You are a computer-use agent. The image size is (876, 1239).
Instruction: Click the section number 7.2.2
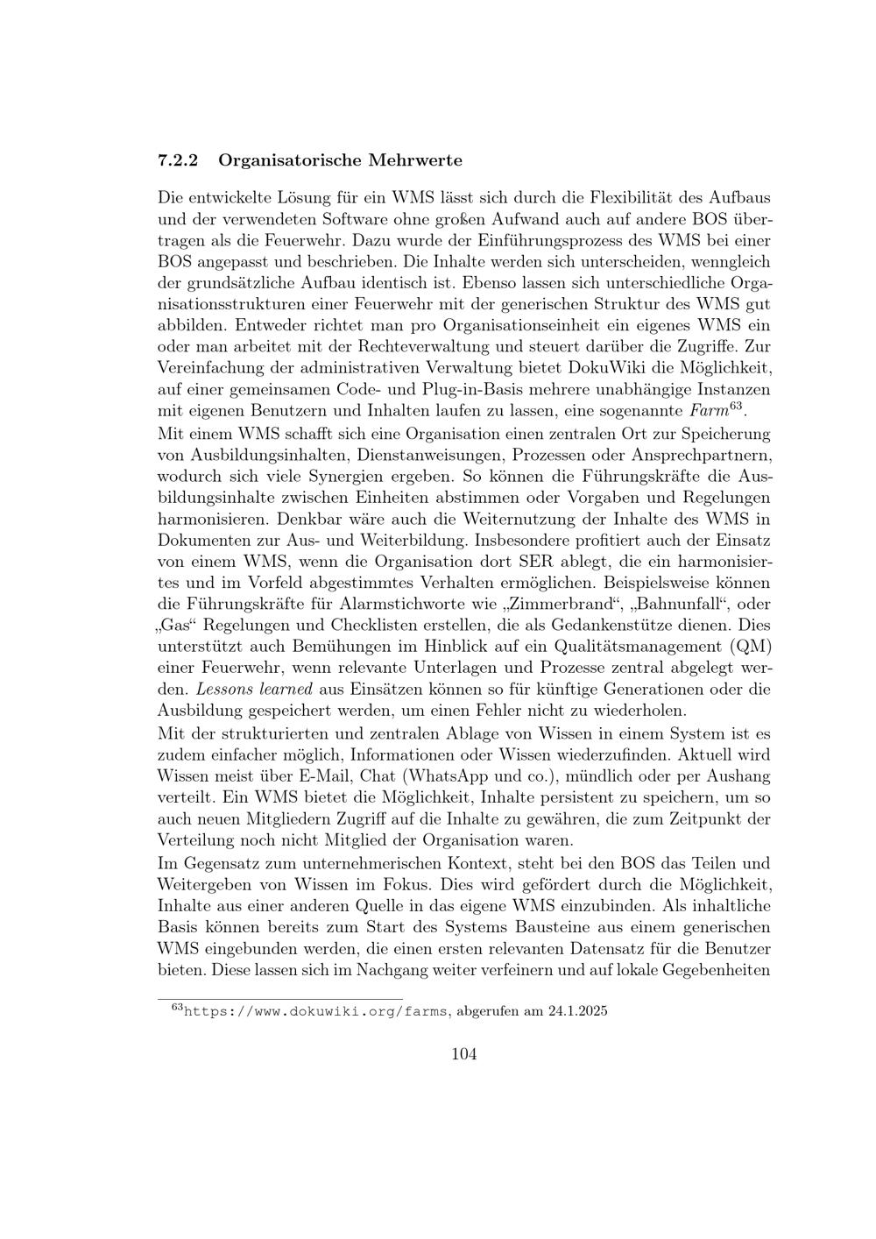tap(178, 160)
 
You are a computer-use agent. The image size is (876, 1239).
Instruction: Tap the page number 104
tap(463, 1054)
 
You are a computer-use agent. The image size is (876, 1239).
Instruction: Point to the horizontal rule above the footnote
tap(279, 998)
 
